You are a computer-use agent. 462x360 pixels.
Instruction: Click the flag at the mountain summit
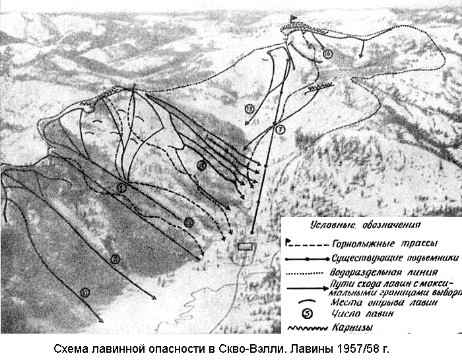pyautogui.click(x=294, y=18)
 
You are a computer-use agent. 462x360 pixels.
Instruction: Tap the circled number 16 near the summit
pyautogui.click(x=328, y=54)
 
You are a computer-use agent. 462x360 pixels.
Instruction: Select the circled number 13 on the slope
pyautogui.click(x=249, y=109)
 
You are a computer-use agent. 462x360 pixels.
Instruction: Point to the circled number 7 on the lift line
pyautogui.click(x=280, y=129)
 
